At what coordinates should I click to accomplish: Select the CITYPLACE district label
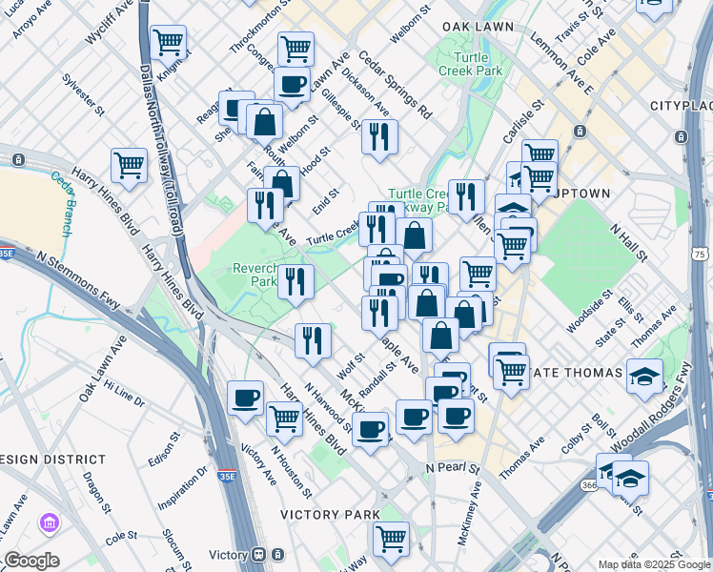click(x=681, y=104)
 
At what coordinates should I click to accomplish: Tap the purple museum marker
click(x=49, y=522)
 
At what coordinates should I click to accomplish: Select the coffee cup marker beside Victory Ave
click(x=246, y=398)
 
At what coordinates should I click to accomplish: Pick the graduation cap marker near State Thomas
click(x=645, y=375)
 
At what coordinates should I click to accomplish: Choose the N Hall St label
click(x=629, y=243)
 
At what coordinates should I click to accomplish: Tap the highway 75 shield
click(x=701, y=255)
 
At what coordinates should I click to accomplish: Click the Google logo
click(x=31, y=561)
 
